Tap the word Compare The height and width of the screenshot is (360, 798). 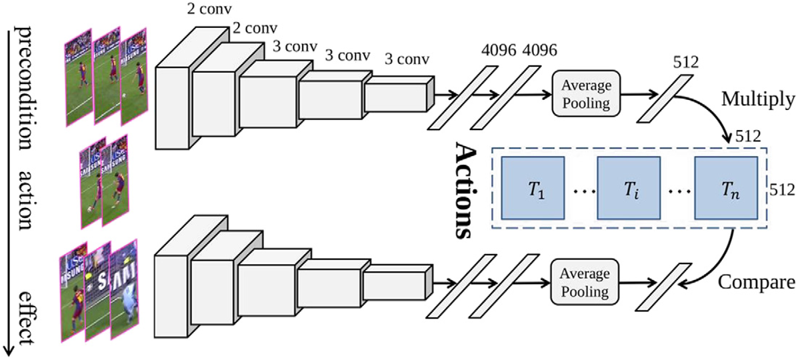[757, 282]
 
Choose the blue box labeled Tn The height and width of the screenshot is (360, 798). [725, 189]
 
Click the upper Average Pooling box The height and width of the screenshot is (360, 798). [586, 93]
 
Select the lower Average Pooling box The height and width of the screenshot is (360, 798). [585, 283]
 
